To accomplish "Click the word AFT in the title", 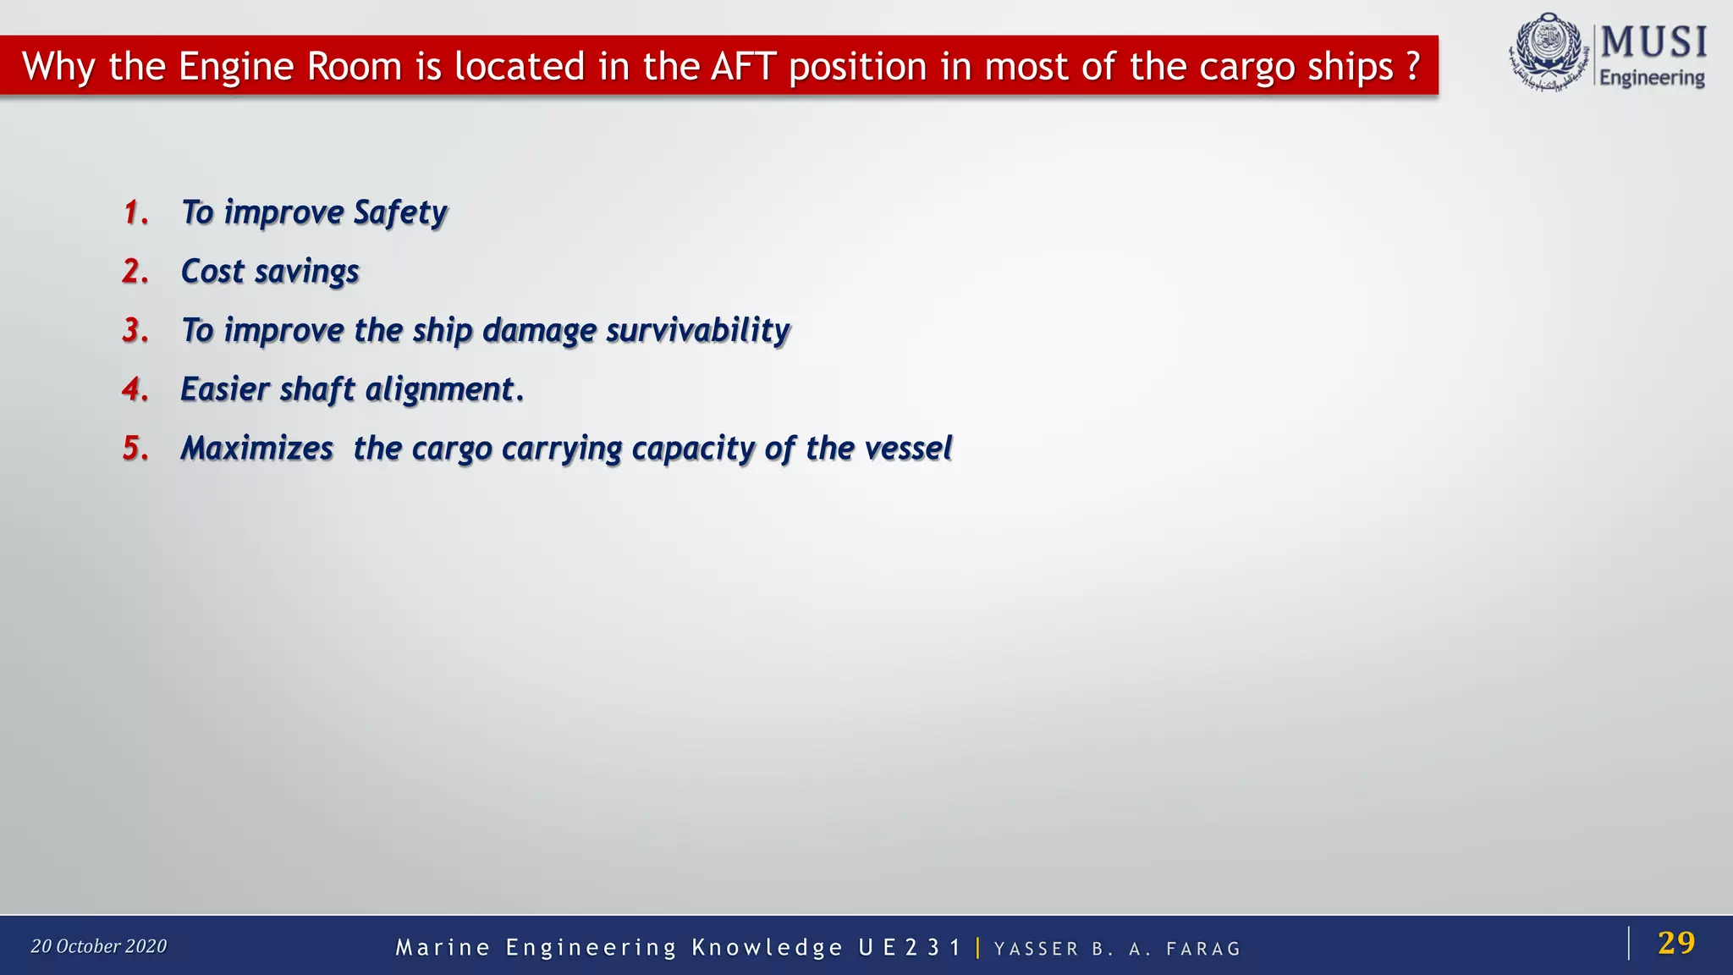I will tap(744, 66).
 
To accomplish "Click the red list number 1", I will tap(135, 212).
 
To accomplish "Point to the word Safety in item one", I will tap(400, 213).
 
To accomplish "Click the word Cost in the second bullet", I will tap(212, 272).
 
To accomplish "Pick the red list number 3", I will tap(135, 330).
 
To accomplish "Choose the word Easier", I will tap(225, 389).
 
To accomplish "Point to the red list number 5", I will tap(135, 449).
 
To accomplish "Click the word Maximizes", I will tap(257, 449).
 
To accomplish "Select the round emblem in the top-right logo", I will tap(1548, 51).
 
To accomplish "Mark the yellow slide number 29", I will tap(1676, 943).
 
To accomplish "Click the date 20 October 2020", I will tap(99, 946).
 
